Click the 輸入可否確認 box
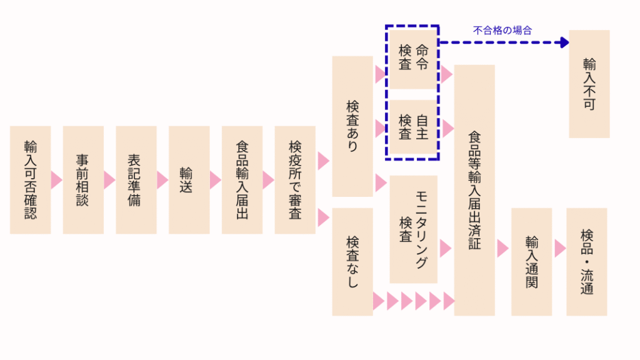(x=30, y=180)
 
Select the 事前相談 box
(x=83, y=180)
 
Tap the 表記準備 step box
(x=136, y=180)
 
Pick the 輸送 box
(x=189, y=180)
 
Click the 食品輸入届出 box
(x=242, y=180)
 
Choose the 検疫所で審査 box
(x=295, y=180)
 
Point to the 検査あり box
(x=352, y=126)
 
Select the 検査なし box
(x=352, y=261)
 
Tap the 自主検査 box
(x=412, y=127)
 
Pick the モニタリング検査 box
(x=413, y=229)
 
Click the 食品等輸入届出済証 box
(x=474, y=190)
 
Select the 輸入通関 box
(x=531, y=261)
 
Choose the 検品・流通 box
(x=586, y=261)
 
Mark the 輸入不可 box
(x=589, y=84)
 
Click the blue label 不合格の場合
(x=502, y=29)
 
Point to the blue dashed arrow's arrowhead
(x=564, y=42)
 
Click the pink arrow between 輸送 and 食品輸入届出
(x=215, y=180)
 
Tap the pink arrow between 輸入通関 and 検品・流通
(x=559, y=248)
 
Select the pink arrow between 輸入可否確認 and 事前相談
(x=56, y=180)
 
